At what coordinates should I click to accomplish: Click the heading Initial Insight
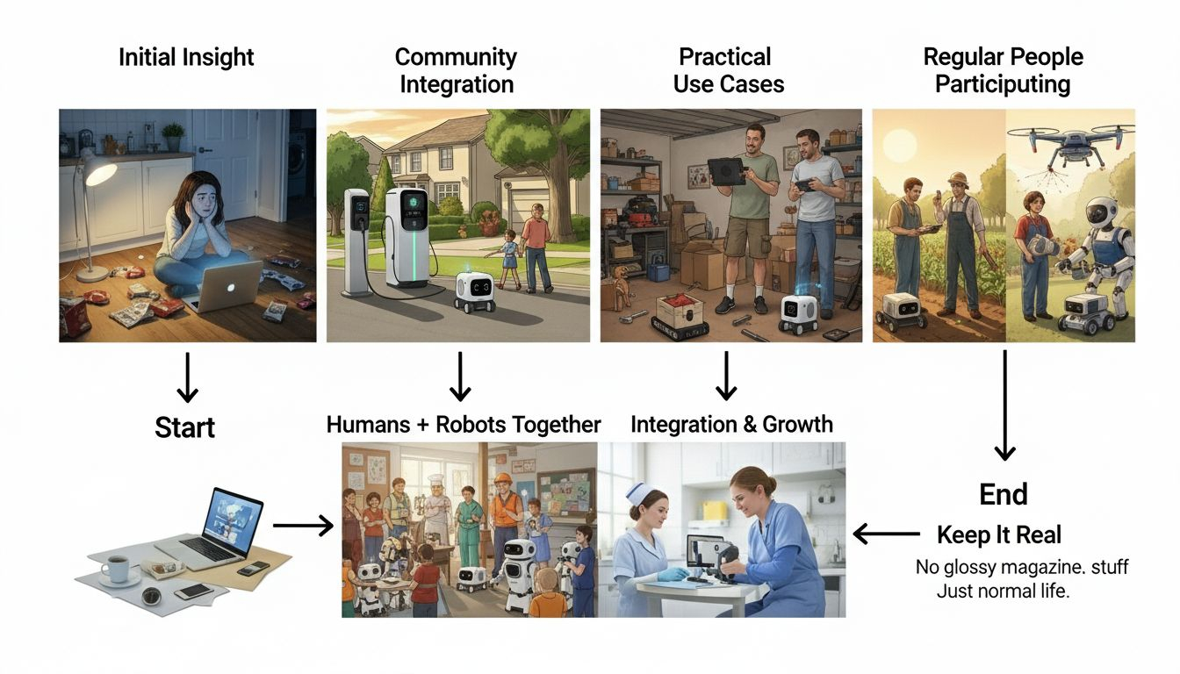click(187, 58)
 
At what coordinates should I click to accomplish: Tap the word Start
click(185, 427)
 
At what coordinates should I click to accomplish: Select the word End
click(1004, 495)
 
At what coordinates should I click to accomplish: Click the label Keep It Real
click(999, 534)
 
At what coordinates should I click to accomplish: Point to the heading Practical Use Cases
click(728, 71)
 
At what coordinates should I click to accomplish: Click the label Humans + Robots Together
click(464, 425)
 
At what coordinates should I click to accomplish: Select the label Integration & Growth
click(731, 425)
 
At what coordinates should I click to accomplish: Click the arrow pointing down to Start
click(185, 377)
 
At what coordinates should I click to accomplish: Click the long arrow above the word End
click(1004, 405)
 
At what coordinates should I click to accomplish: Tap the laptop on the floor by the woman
click(223, 285)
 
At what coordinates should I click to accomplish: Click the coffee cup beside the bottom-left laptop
click(117, 568)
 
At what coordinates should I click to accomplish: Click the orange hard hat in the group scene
click(507, 481)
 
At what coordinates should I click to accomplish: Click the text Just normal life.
click(1004, 591)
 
